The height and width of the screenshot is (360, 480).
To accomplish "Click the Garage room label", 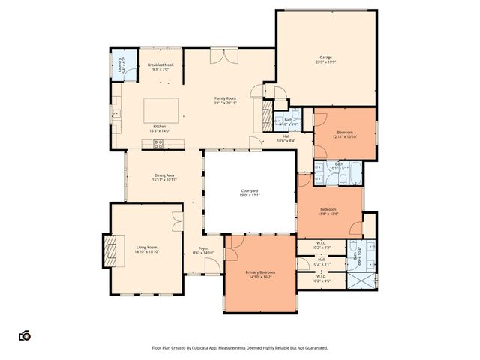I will [x=325, y=57].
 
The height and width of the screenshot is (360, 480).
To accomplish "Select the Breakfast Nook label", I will [x=160, y=65].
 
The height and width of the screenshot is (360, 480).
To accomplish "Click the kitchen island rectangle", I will [x=161, y=109].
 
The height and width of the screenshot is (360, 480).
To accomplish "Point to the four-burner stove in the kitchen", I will [x=159, y=144].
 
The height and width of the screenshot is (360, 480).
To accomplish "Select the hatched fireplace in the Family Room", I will [x=267, y=116].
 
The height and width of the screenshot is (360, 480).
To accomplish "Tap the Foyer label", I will [x=203, y=248].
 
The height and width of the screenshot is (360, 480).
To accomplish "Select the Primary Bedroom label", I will [x=260, y=272].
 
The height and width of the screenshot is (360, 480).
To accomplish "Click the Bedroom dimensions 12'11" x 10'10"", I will [x=344, y=136].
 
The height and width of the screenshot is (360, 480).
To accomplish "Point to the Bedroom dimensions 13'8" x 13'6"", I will [x=329, y=214].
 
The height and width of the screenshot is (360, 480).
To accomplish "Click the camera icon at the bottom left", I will [x=25, y=336].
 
